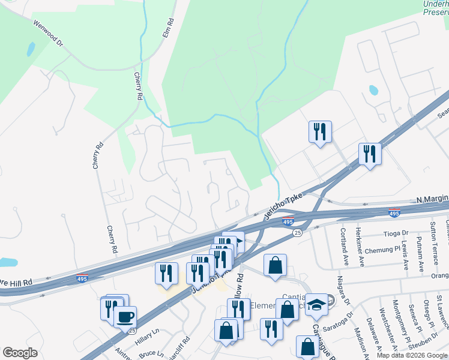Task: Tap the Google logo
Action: click(20, 353)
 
